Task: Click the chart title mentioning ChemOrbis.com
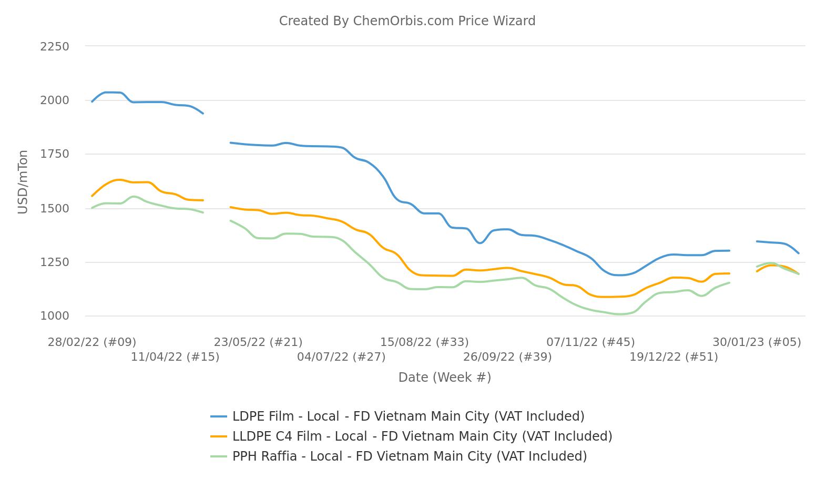pyautogui.click(x=407, y=21)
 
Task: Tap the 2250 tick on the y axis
pyautogui.click(x=55, y=47)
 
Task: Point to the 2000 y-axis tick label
pyautogui.click(x=55, y=100)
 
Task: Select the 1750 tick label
pyautogui.click(x=55, y=154)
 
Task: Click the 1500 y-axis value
pyautogui.click(x=55, y=208)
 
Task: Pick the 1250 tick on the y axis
pyautogui.click(x=55, y=262)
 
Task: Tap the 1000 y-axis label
pyautogui.click(x=55, y=316)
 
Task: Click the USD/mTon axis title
pyautogui.click(x=23, y=182)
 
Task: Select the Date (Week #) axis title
pyautogui.click(x=445, y=377)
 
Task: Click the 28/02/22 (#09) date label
pyautogui.click(x=92, y=342)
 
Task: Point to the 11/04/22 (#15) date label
pyautogui.click(x=175, y=356)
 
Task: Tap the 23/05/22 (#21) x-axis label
pyautogui.click(x=258, y=342)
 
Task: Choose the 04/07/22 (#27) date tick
pyautogui.click(x=341, y=356)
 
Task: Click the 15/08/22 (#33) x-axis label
pyautogui.click(x=424, y=342)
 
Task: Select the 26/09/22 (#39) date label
pyautogui.click(x=507, y=356)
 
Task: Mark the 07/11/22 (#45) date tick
pyautogui.click(x=590, y=342)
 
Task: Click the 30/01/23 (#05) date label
pyautogui.click(x=757, y=342)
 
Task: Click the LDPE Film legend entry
pyautogui.click(x=397, y=416)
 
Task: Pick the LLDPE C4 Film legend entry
pyautogui.click(x=411, y=436)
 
